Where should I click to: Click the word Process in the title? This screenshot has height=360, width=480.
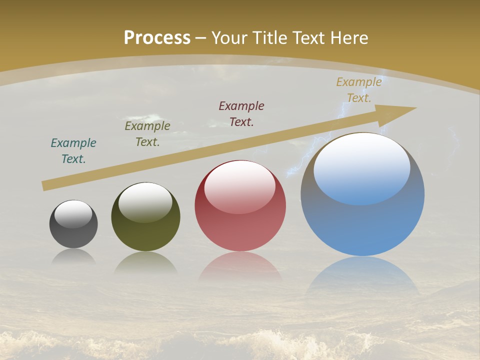pos(157,38)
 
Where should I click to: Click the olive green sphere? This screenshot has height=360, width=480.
pos(145,235)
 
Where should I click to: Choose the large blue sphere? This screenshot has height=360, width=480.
pos(362,225)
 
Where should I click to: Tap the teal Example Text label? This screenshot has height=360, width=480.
pos(73,150)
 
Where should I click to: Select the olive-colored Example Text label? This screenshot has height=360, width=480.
pos(147,133)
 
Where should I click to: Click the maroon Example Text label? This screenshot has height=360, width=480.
pos(241,113)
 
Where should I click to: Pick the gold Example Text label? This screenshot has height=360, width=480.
pos(359,89)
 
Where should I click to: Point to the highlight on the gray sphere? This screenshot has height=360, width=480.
pos(73,214)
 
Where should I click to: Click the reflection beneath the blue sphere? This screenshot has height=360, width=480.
pos(362,275)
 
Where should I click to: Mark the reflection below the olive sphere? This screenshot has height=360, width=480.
pos(145,263)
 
